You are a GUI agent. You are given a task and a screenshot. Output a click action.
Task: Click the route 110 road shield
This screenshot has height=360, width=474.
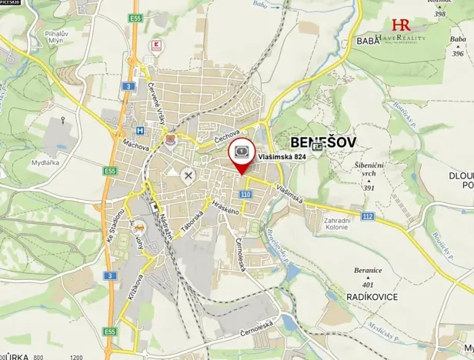point(245,195)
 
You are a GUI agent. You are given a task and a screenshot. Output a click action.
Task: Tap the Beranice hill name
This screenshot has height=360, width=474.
point(368,271)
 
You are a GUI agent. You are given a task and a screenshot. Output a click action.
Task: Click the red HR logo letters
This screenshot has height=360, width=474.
point(401,25)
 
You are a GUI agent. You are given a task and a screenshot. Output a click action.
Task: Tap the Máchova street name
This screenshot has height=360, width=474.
point(124,145)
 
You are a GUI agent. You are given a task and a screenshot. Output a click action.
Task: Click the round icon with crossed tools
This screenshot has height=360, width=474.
point(188,175)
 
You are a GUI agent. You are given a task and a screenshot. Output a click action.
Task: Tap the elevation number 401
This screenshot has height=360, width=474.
point(369,285)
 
